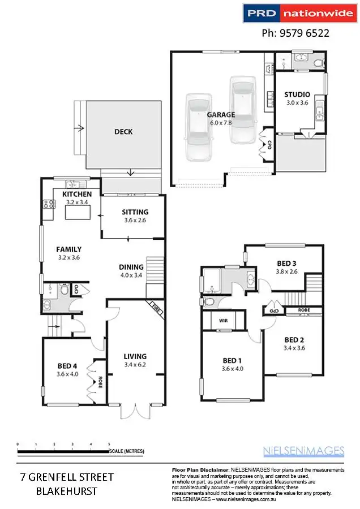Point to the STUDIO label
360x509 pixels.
297,94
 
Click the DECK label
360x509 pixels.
123,132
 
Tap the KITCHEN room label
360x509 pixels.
77,194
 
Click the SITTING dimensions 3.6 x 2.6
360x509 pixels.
134,221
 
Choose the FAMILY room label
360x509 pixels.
68,249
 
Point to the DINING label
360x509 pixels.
130,268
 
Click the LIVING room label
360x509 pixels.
135,356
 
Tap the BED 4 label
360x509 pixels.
67,365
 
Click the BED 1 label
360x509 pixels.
232,361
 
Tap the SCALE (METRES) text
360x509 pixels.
127,451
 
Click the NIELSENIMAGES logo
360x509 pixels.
303,451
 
